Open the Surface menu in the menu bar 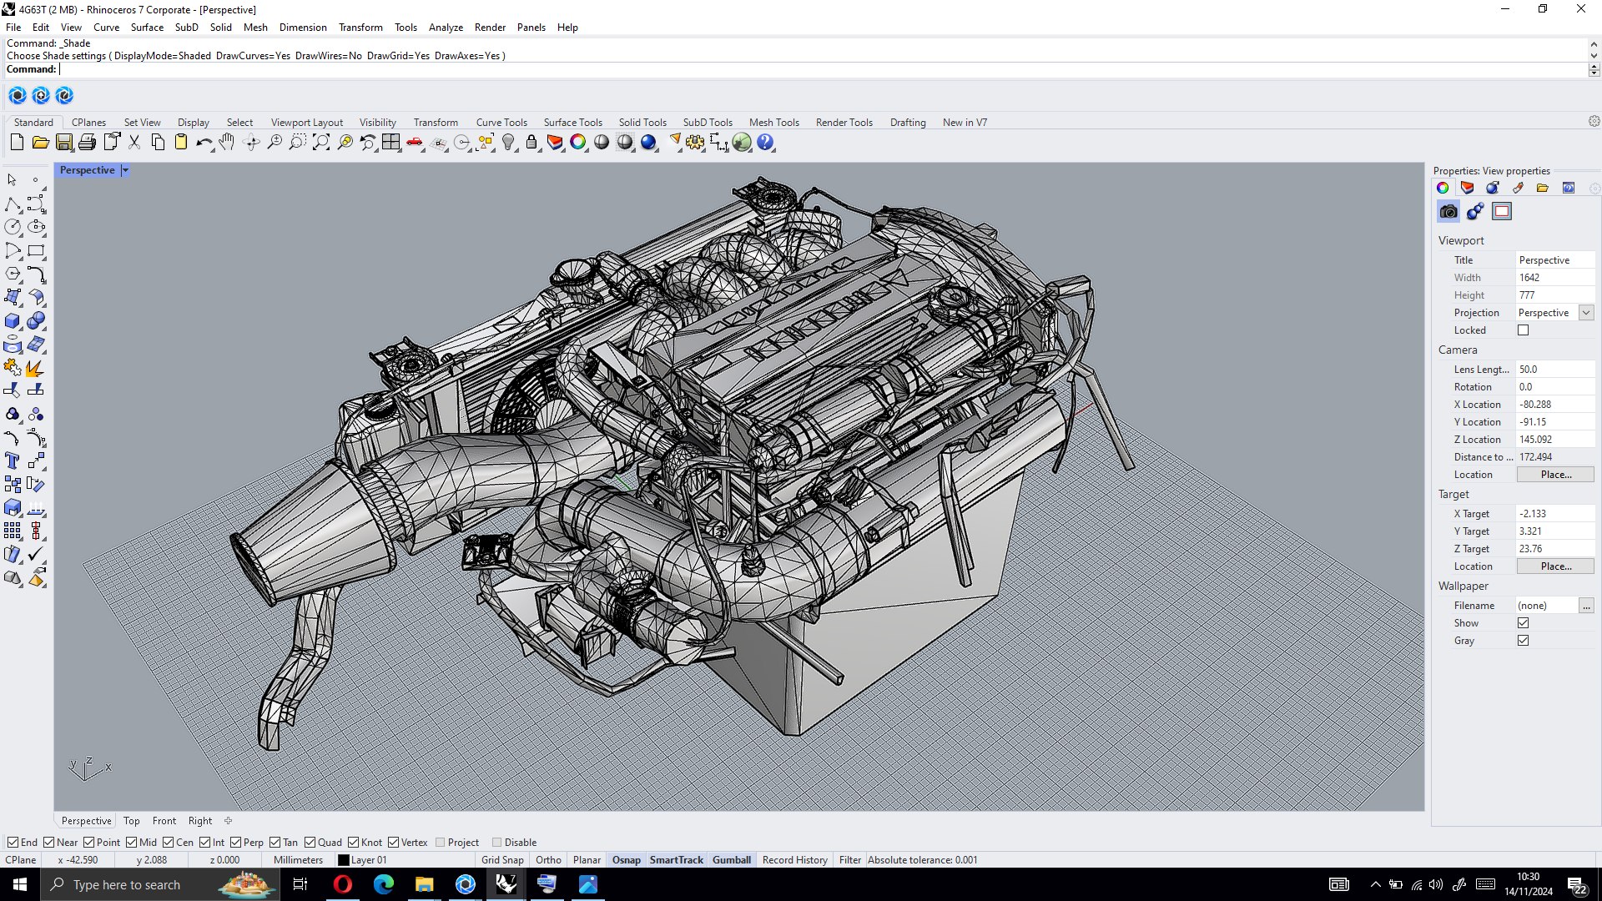point(147,27)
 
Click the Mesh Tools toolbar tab point(773,122)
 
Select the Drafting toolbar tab point(907,122)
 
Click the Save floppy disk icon point(64,143)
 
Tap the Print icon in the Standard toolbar point(87,143)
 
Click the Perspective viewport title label point(87,169)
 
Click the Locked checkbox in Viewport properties point(1523,330)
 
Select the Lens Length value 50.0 point(1552,369)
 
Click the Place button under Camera point(1554,474)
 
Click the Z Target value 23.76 point(1552,548)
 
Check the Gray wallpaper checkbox point(1523,641)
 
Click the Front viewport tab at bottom point(164,821)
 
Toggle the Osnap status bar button point(626,860)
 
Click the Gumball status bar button point(731,860)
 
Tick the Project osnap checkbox point(441,843)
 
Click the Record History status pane point(794,860)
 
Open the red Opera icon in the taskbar point(342,884)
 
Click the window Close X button point(1580,9)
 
